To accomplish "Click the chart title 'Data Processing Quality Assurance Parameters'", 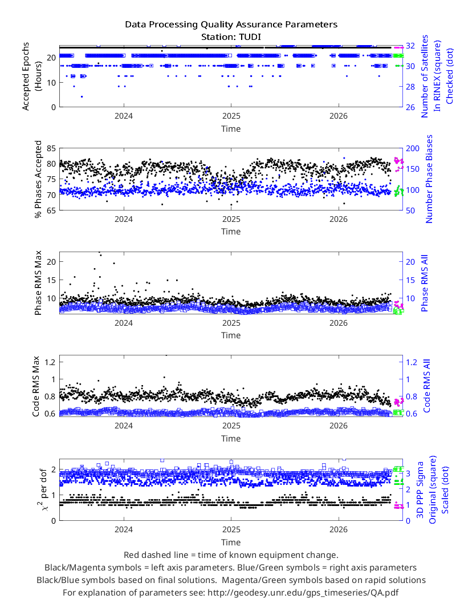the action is tap(231, 25).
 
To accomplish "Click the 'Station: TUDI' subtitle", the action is tap(231, 37).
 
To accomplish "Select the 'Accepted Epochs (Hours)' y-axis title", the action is tap(30, 76).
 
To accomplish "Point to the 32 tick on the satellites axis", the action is tap(410, 46).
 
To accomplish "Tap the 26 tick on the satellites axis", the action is tap(410, 107).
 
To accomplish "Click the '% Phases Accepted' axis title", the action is tap(38, 179).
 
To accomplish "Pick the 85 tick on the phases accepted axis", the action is tap(51, 148).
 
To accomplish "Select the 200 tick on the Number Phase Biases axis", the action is tap(412, 148).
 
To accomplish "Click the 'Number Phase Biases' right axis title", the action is tap(429, 179).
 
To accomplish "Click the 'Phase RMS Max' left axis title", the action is tap(38, 283).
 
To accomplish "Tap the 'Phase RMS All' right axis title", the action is tap(425, 283).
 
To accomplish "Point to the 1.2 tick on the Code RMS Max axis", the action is tap(50, 362).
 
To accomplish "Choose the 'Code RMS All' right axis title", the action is tap(426, 386).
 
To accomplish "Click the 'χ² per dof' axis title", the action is tap(42, 489).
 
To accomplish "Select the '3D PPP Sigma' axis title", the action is tap(420, 489).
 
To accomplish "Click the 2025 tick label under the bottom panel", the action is tap(231, 529).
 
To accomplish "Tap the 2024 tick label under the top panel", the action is tap(124, 116).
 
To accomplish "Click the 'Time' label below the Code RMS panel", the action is tap(231, 439).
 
